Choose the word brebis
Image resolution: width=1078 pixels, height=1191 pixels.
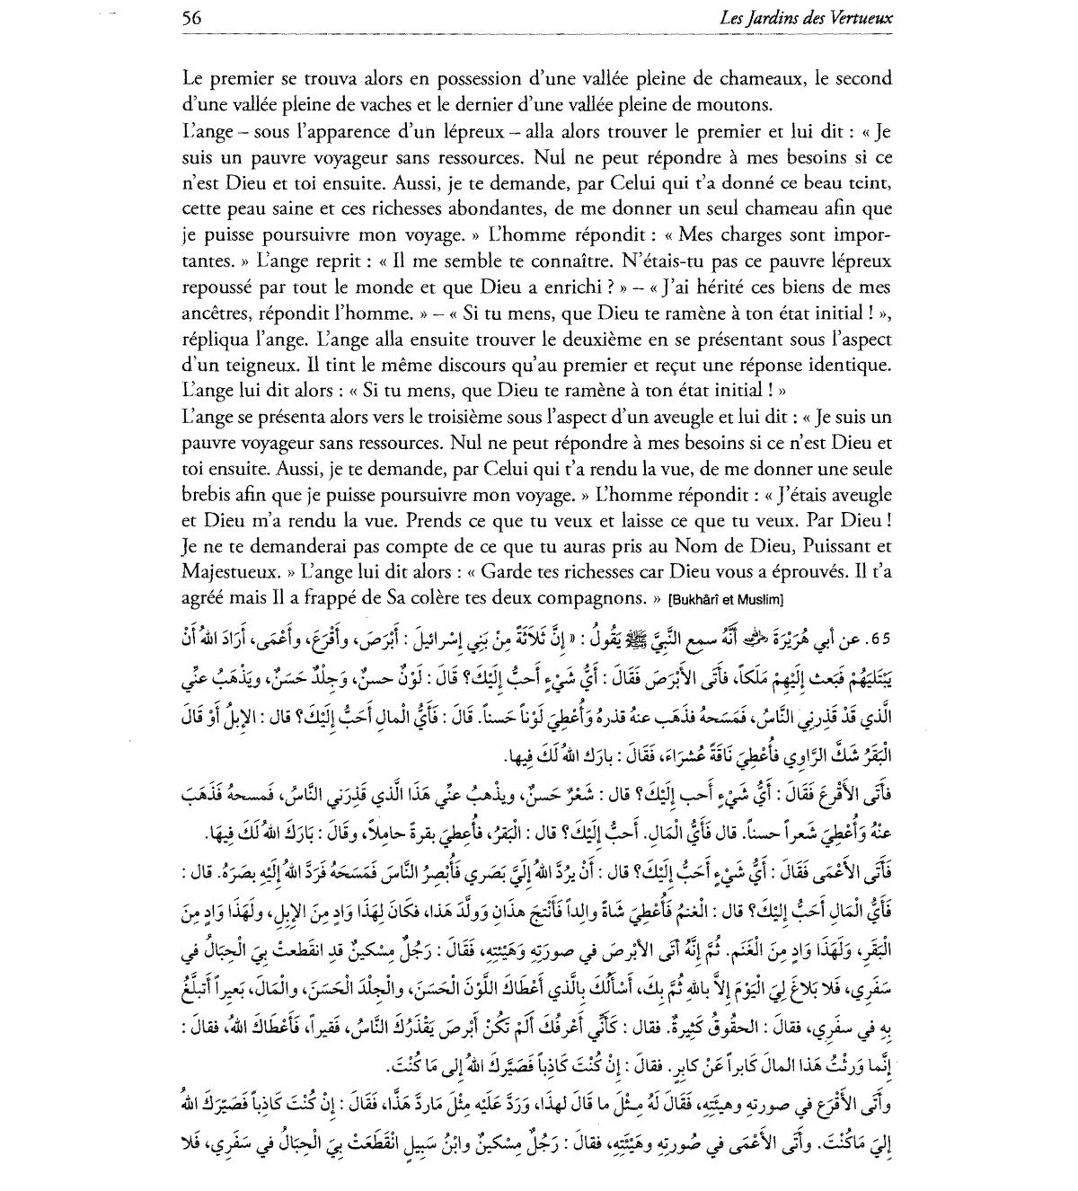pos(203,495)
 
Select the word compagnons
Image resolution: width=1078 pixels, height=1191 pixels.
pos(596,596)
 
